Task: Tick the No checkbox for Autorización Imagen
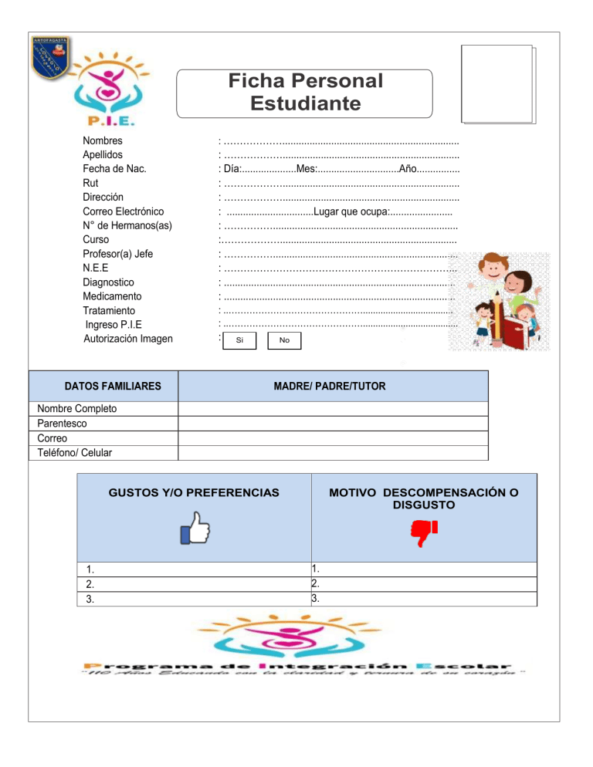(284, 340)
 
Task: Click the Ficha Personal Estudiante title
(306, 92)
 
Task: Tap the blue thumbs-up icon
(195, 532)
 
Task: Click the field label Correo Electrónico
(123, 211)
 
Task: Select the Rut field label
(90, 183)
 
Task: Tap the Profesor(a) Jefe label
(117, 253)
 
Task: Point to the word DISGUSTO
(422, 505)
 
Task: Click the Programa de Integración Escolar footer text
(296, 665)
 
